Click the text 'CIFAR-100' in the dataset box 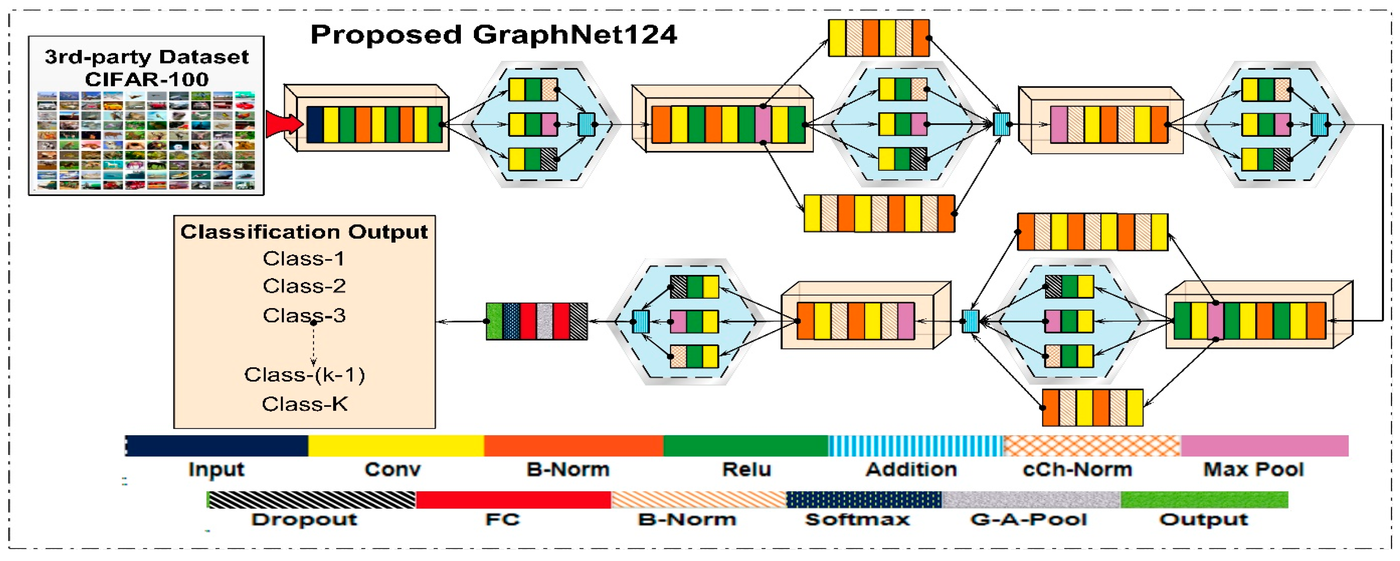tap(147, 79)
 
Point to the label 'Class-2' tap(304, 286)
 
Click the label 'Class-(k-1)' tap(304, 374)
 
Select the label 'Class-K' tap(304, 404)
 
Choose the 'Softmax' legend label tap(857, 519)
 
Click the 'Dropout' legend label tap(304, 519)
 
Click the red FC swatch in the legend tap(513, 500)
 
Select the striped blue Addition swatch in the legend tap(915, 446)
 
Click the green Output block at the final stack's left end tap(494, 321)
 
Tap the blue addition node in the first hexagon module tap(586, 124)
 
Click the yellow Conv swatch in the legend tap(396, 446)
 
